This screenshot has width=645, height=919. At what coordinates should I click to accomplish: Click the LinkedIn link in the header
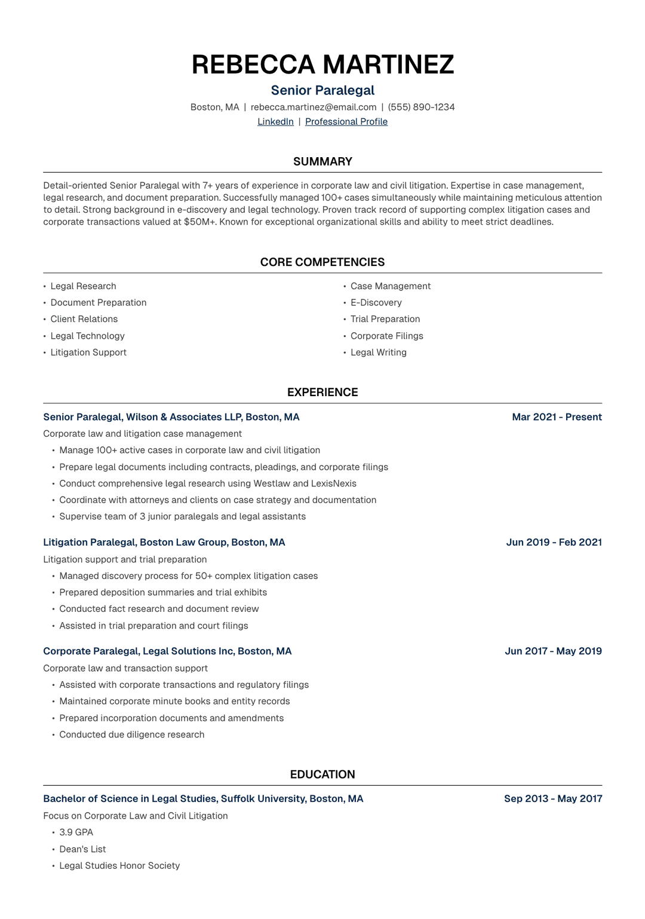coord(275,122)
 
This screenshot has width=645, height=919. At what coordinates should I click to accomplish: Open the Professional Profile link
coord(346,122)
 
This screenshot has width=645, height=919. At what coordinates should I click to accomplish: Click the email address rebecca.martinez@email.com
coord(314,108)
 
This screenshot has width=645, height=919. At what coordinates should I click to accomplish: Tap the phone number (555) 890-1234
coord(421,108)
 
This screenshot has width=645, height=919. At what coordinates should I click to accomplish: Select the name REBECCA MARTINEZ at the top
coord(322,65)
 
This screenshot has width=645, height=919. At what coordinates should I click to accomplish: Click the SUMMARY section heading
coord(322,162)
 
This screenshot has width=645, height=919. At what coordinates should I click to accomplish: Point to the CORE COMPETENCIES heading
coord(322,262)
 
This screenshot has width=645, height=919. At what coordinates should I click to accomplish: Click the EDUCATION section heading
coord(322,774)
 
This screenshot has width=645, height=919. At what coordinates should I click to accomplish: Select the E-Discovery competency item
coord(376,303)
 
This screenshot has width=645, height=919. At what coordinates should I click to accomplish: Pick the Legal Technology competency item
coord(87,336)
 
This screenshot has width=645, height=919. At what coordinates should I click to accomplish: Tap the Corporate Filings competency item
coord(386,336)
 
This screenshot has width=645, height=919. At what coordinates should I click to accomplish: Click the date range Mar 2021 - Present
coord(557,417)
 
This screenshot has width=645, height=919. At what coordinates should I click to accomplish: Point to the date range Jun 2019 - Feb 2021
coord(554,543)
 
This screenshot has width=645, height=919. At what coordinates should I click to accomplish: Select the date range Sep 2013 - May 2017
coord(553,799)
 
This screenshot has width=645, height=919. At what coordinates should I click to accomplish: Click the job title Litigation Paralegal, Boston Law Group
coord(164,543)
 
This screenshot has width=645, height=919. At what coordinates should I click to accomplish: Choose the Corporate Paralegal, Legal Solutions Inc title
coord(167,651)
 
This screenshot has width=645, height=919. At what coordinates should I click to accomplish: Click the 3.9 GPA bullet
coord(76,832)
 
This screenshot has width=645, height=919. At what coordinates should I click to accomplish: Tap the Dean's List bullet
coord(82,849)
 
